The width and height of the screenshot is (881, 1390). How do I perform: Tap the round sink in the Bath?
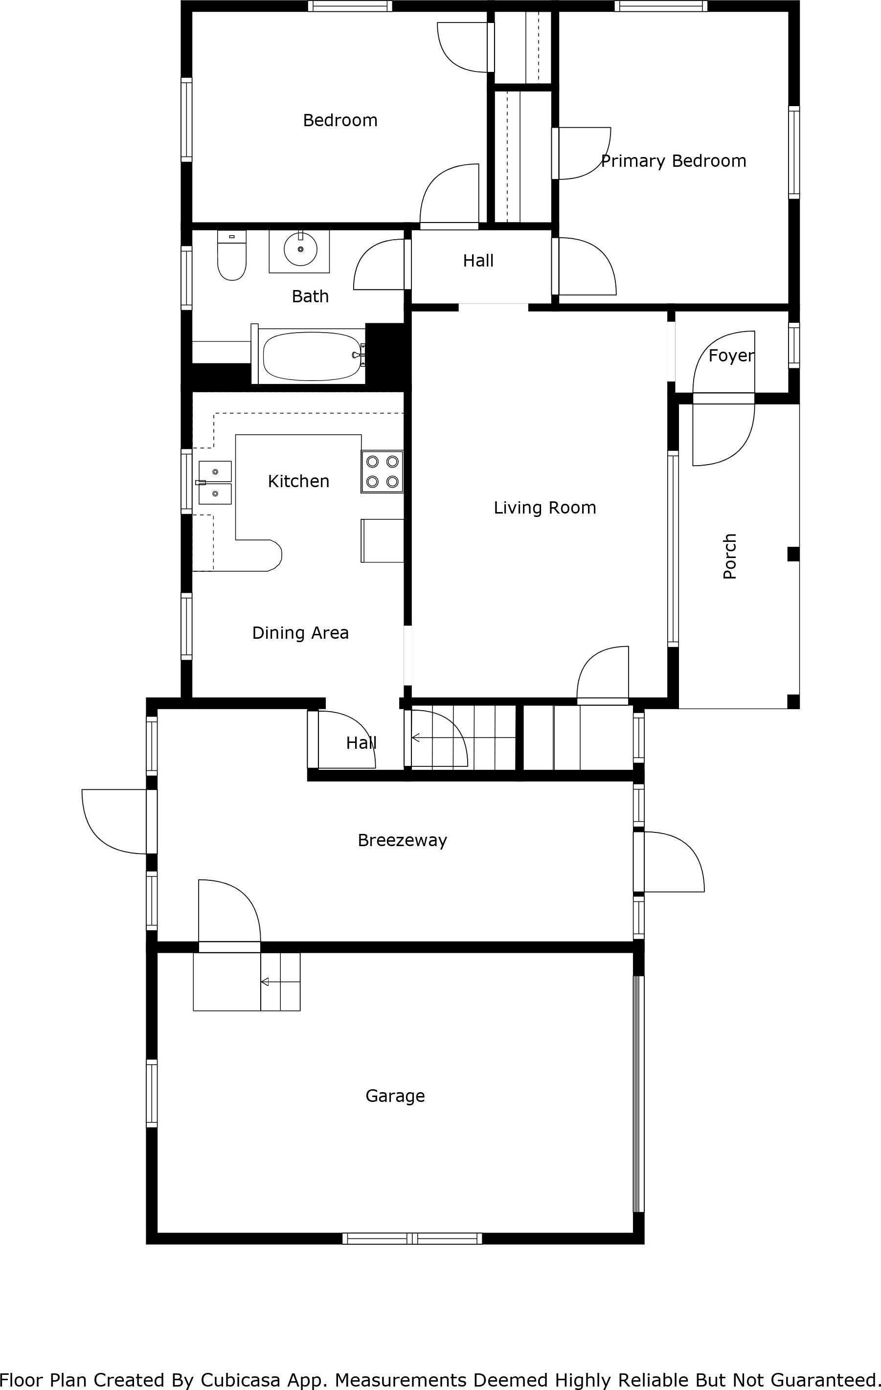click(x=300, y=249)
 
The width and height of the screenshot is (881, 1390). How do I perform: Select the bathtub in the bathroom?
click(x=311, y=355)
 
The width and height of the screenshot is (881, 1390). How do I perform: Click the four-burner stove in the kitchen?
click(x=382, y=471)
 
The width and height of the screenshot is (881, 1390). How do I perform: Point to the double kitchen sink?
click(x=215, y=482)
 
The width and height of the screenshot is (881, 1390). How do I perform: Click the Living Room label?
click(x=544, y=508)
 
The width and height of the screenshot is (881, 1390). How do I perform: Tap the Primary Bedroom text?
click(x=673, y=161)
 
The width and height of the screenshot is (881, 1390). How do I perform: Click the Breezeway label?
click(x=403, y=840)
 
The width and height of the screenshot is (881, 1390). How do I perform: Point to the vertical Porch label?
click(x=730, y=556)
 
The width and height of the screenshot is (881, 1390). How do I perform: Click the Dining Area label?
click(x=300, y=633)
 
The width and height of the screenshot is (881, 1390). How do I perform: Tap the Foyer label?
click(x=731, y=356)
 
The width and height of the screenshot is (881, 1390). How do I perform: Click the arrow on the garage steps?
click(x=266, y=982)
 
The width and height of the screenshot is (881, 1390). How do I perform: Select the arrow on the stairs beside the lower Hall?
click(x=416, y=738)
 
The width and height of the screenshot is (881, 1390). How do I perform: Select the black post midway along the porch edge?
click(x=793, y=554)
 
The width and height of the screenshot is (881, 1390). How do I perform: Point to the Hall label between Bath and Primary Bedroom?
click(x=478, y=261)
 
